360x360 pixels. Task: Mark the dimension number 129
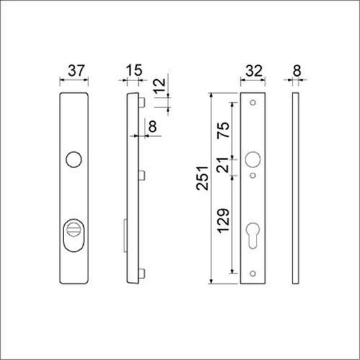(223, 223)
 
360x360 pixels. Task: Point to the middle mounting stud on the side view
(141, 175)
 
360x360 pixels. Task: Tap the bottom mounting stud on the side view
(141, 273)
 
